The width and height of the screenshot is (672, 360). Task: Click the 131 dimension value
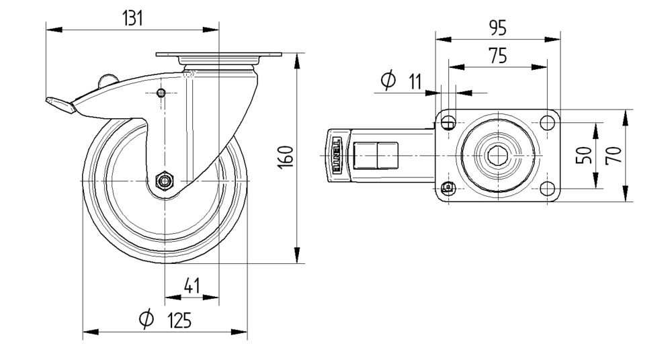tap(132, 18)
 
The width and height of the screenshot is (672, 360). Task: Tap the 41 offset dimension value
tap(192, 287)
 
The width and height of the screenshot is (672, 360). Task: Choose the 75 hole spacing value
tap(497, 56)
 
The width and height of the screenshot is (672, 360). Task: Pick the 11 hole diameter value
tap(414, 82)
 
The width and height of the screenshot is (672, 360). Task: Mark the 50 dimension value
tap(583, 155)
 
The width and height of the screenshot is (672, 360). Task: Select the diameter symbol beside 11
tap(388, 81)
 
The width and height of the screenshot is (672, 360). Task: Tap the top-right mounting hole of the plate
tap(546, 123)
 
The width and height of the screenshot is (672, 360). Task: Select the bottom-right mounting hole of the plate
tap(546, 188)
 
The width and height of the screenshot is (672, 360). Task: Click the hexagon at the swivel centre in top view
tap(497, 156)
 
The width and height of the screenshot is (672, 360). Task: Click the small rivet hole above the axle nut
tap(161, 93)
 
